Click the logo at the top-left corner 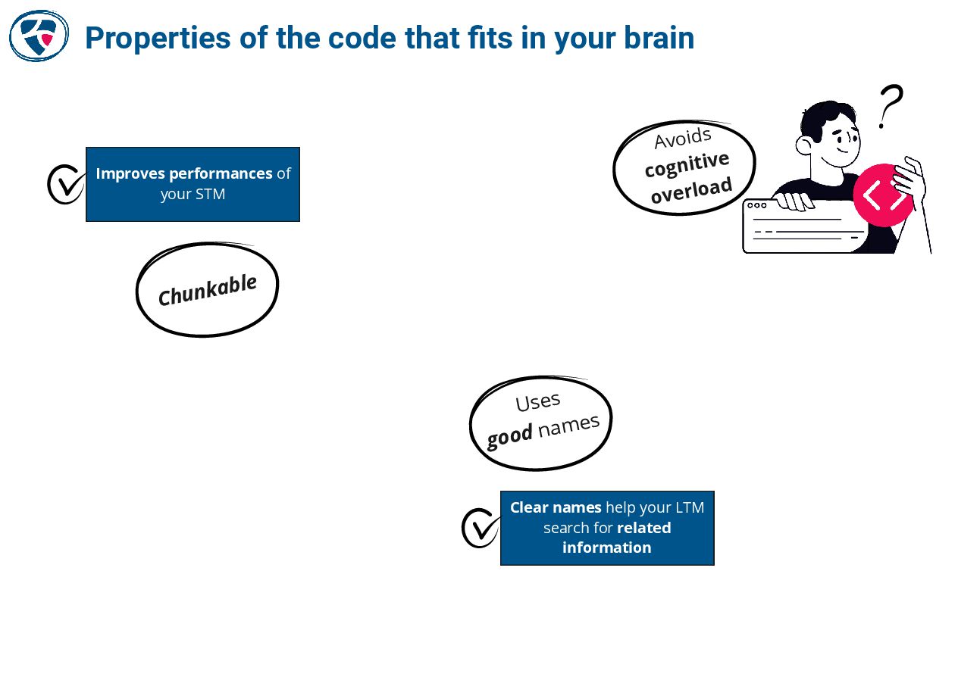point(39,36)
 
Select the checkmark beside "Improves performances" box point(66,184)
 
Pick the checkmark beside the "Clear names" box point(481,527)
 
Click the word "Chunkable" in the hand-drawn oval point(207,290)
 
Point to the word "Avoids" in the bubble point(683,139)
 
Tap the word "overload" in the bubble point(691,190)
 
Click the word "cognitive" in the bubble point(687,164)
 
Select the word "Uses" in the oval point(538,401)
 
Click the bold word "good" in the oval point(509,436)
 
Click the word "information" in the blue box point(606,548)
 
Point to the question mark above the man point(891,106)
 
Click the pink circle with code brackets point(883,195)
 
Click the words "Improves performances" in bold point(183,173)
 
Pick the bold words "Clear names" point(556,507)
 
